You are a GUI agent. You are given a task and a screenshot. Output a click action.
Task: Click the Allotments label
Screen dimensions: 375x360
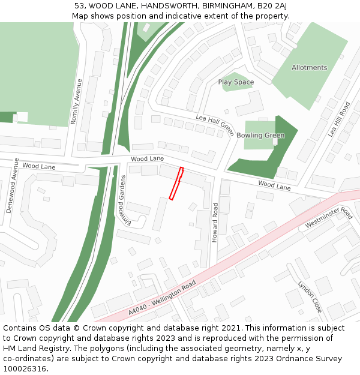[x=309, y=68]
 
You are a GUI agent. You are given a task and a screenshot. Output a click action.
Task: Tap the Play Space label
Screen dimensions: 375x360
[x=236, y=82]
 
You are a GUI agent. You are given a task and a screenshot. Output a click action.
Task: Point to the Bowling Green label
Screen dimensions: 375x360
[x=260, y=136]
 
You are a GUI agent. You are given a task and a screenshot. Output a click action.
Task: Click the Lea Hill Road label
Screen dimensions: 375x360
[x=339, y=120]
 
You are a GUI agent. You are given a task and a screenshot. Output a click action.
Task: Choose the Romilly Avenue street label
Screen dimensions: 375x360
[x=76, y=101]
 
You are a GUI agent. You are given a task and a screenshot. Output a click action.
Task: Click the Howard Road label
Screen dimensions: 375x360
[x=215, y=222]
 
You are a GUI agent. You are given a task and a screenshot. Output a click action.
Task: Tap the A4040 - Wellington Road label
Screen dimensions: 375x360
[x=162, y=298]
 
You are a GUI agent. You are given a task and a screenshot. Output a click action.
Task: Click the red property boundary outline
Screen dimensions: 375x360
[x=176, y=183]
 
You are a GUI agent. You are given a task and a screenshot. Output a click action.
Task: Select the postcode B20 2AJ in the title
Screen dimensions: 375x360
[x=272, y=6]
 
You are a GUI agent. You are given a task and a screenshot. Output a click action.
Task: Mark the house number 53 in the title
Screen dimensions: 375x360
[x=79, y=6]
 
